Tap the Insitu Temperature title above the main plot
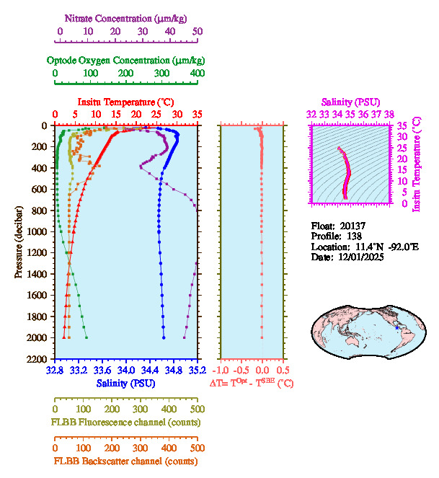125,102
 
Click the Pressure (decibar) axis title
18,242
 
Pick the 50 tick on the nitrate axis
198,32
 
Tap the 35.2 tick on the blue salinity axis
197,370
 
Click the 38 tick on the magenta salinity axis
389,114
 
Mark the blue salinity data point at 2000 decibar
164,337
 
